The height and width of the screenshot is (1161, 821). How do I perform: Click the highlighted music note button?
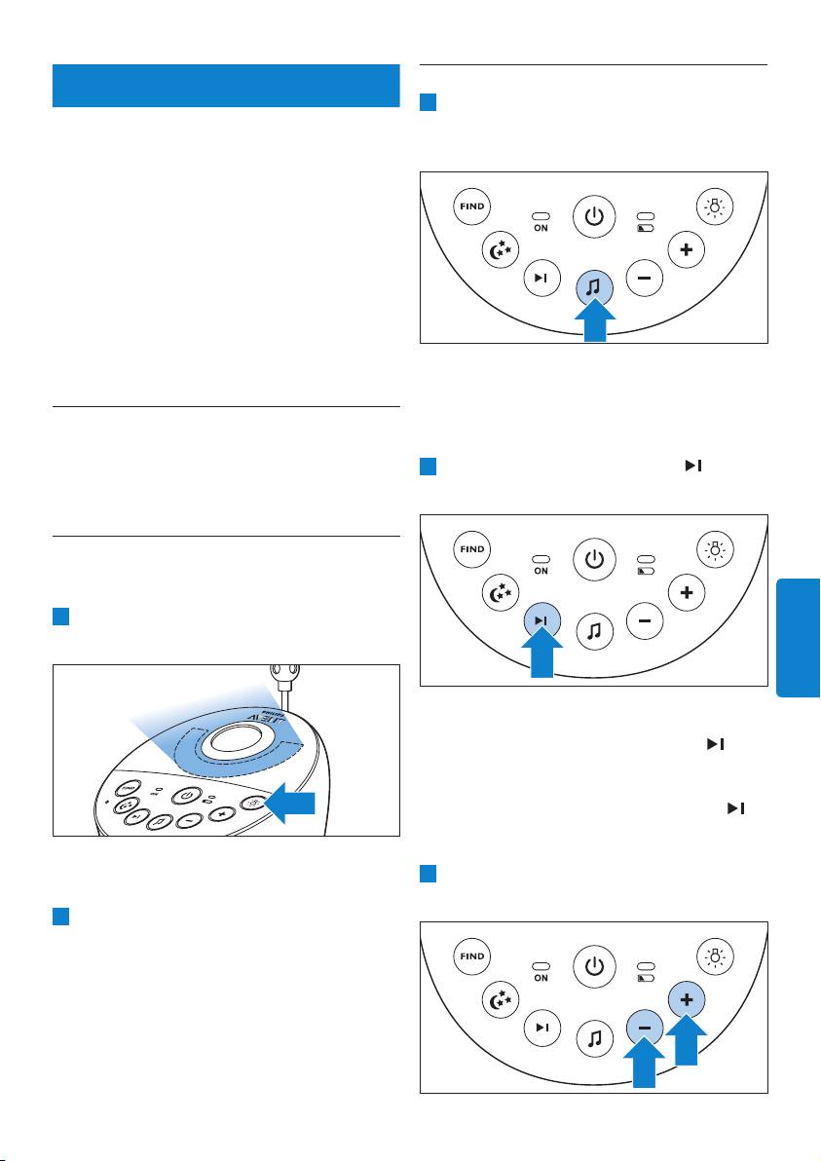594,286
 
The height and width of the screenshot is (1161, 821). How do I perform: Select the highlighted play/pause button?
542,620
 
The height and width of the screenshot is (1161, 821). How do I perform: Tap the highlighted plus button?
687,1000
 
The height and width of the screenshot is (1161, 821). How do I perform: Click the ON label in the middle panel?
541,572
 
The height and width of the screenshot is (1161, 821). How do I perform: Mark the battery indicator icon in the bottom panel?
646,979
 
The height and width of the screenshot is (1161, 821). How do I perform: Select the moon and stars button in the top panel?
503,249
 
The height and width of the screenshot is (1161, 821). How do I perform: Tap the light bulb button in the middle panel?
716,550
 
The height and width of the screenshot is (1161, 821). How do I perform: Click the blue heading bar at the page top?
226,86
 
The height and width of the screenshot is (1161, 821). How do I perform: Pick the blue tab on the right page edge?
798,635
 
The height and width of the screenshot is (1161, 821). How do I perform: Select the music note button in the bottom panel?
594,1037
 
